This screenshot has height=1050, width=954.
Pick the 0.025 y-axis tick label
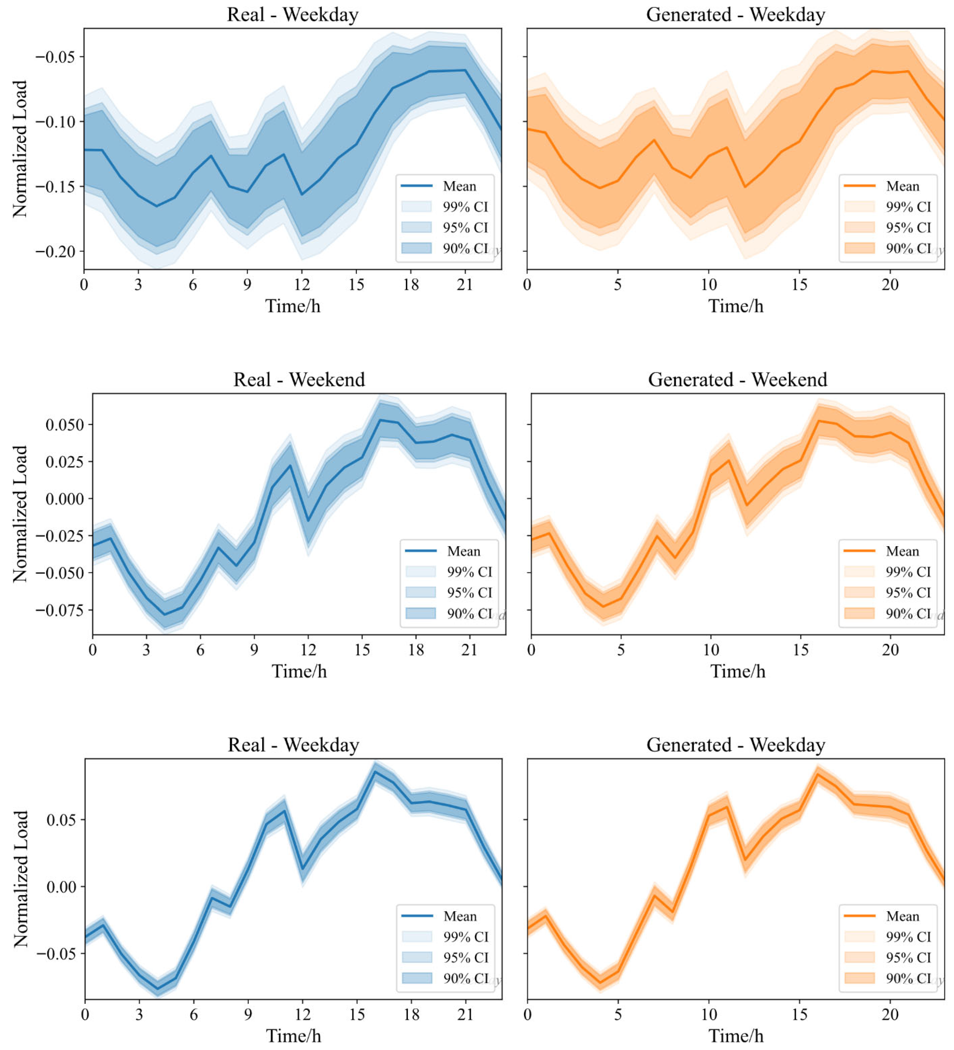coord(65,461)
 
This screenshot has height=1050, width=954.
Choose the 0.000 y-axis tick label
coord(65,498)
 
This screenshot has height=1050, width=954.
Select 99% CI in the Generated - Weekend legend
coord(908,572)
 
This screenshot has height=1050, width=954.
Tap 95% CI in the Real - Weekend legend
coord(469,593)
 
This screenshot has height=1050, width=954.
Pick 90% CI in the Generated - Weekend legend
coord(908,613)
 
